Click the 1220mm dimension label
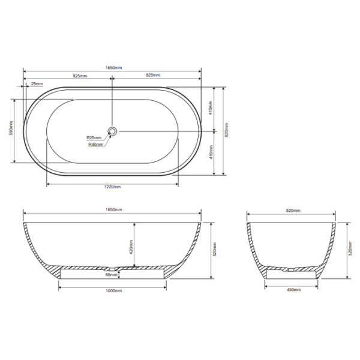113,187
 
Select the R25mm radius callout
94,137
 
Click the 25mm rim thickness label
37,83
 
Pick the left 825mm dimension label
80,76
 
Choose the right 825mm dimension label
153,76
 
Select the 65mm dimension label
111,275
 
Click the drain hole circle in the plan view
112,131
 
